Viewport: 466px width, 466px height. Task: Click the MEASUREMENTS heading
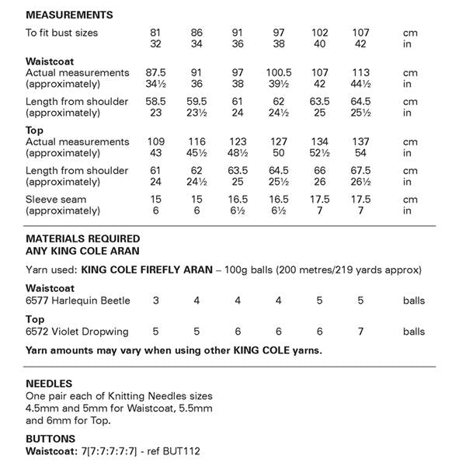(69, 15)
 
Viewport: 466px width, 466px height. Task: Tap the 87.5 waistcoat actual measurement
(156, 72)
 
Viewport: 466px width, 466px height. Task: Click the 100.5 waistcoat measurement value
(278, 72)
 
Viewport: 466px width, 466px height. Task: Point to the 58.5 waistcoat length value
(156, 102)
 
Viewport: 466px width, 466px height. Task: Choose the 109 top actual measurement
(156, 142)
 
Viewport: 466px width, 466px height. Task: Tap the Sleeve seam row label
(56, 200)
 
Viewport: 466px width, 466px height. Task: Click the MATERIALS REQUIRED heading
(83, 238)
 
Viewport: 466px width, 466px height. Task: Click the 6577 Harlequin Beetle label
(78, 300)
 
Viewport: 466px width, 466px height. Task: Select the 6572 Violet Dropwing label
(77, 332)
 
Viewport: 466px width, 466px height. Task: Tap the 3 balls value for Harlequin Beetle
(156, 300)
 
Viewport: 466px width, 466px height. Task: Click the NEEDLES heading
(49, 384)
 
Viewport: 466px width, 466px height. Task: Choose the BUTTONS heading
(51, 439)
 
